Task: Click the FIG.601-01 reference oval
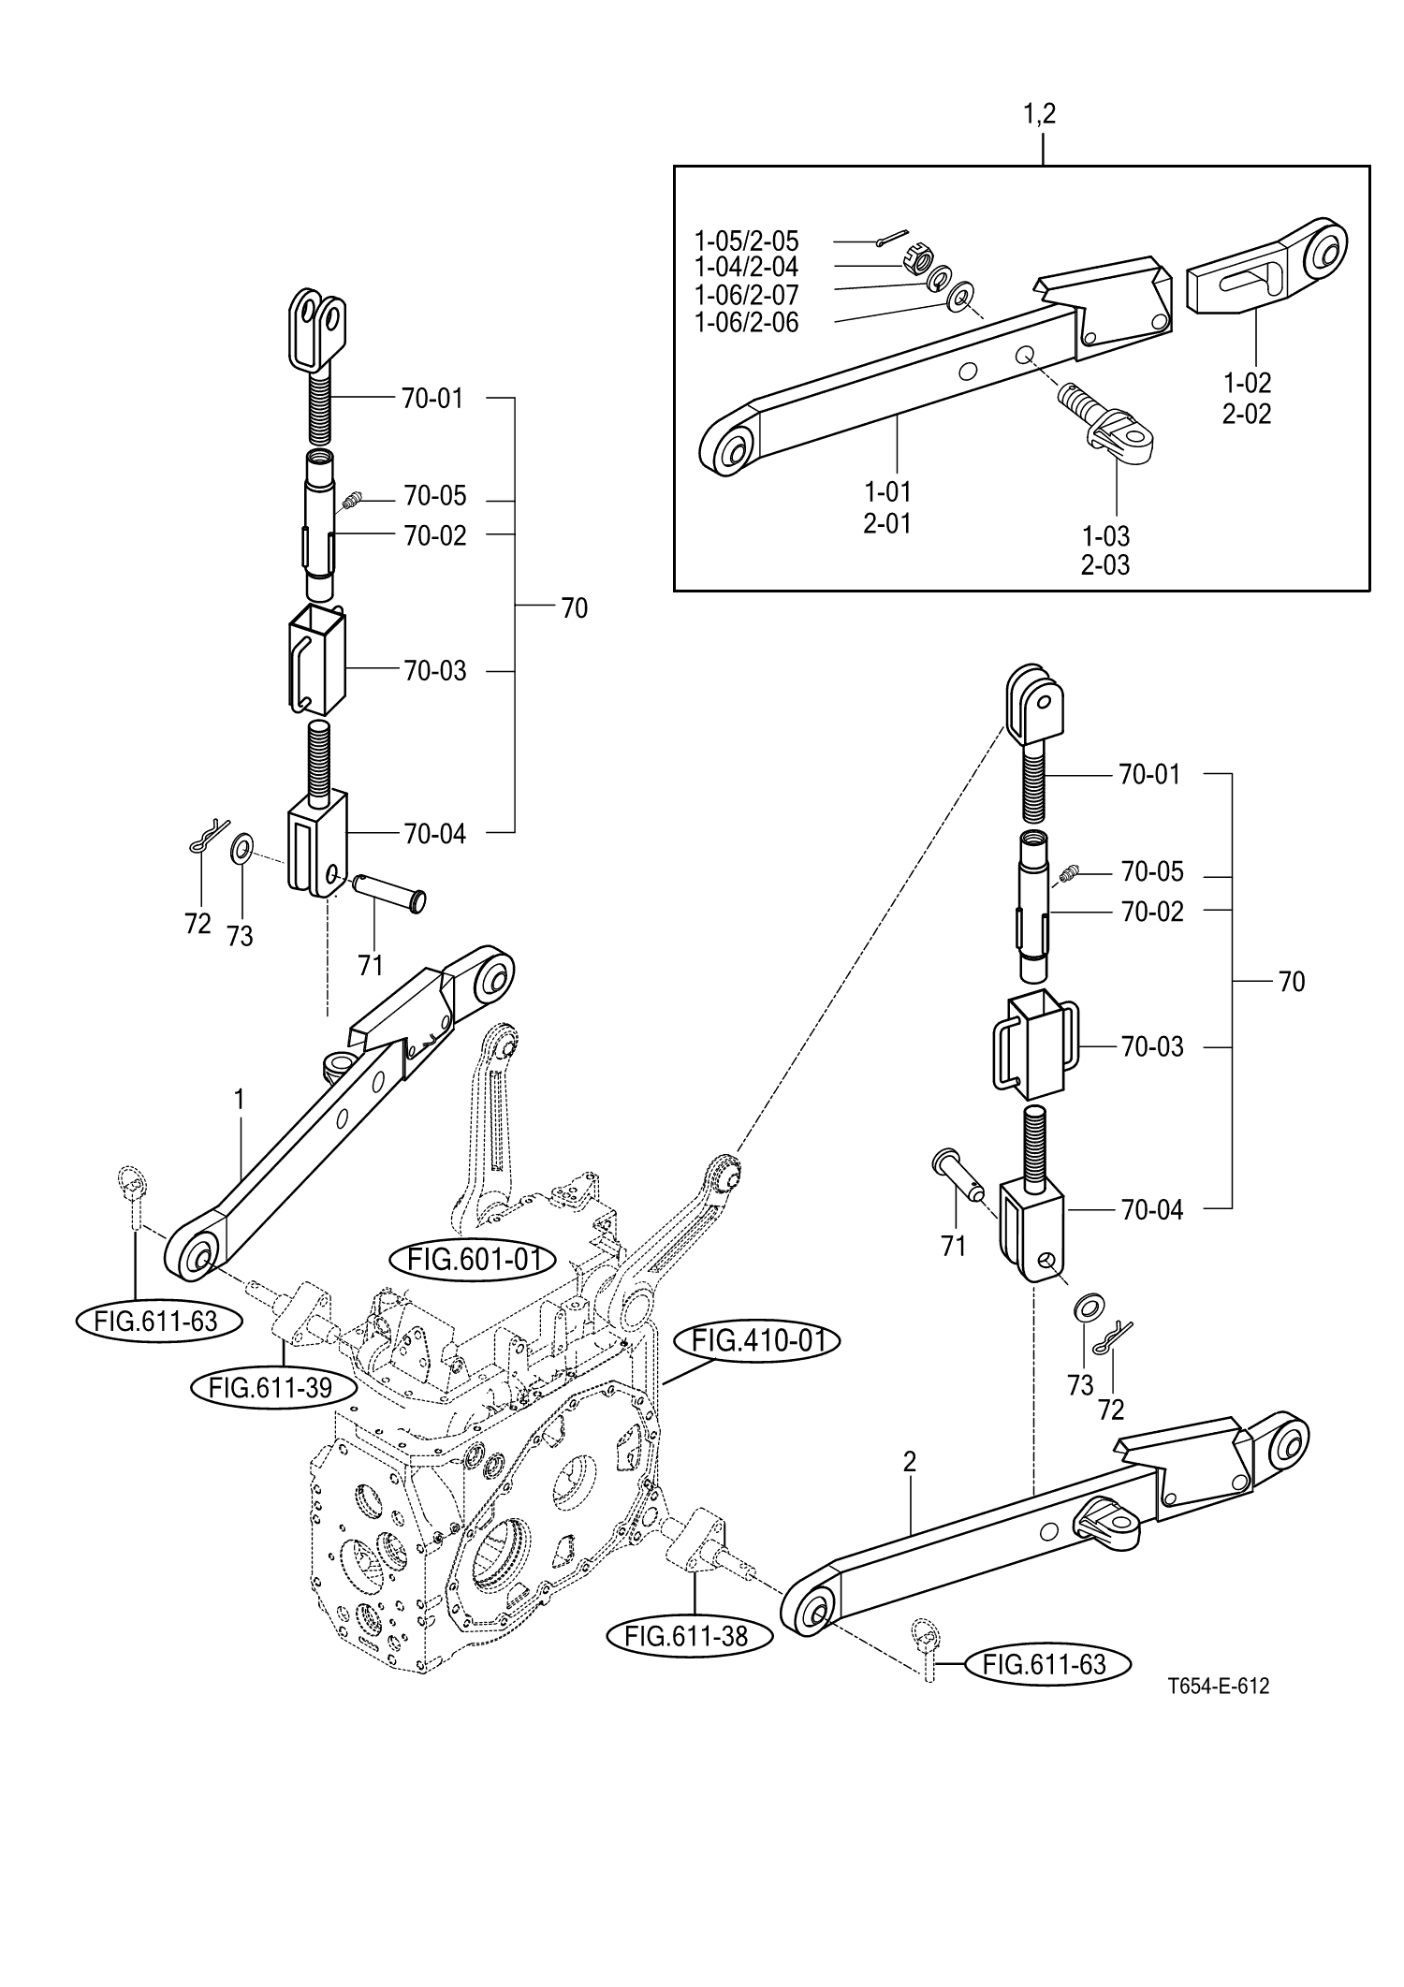(x=475, y=1259)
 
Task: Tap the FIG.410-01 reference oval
(x=757, y=1341)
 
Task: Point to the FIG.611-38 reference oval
(x=690, y=1635)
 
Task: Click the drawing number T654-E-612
(x=1218, y=1687)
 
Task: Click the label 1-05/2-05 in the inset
(x=747, y=241)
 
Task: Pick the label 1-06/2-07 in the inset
(x=747, y=295)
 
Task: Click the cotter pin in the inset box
(x=892, y=240)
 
